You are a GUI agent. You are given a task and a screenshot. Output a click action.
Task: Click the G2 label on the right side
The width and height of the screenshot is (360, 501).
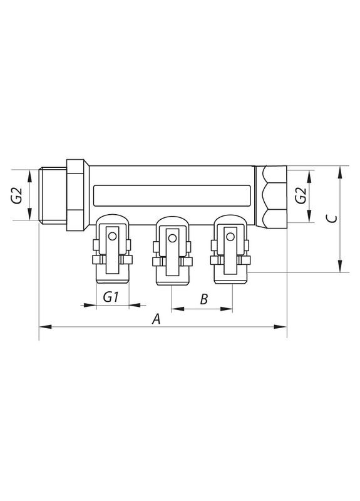[x=301, y=195]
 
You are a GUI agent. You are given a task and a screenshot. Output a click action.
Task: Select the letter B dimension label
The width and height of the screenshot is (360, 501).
[x=204, y=299]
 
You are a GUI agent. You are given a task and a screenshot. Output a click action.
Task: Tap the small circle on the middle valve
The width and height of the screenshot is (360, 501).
[x=171, y=237]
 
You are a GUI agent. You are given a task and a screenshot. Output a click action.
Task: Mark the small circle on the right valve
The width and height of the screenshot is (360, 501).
[x=230, y=237]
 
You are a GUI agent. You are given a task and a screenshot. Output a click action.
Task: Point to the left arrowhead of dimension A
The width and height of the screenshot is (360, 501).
[x=43, y=326]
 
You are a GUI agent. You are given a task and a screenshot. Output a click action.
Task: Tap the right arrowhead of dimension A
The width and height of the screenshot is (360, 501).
[x=284, y=326]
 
